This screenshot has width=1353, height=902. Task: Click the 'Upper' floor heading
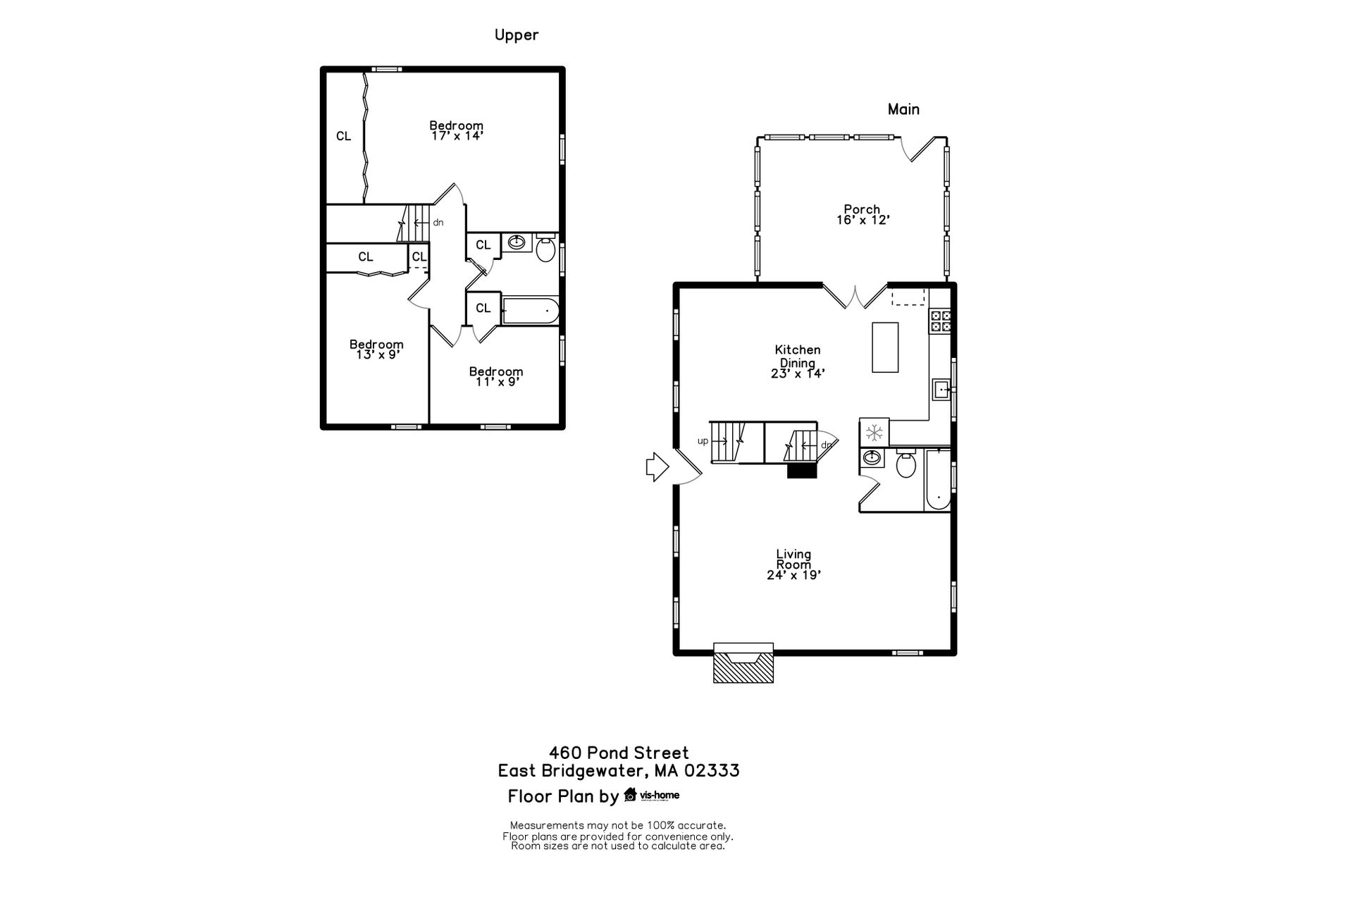[517, 35]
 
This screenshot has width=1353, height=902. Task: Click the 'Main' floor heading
[903, 109]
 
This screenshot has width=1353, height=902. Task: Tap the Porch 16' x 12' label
[863, 214]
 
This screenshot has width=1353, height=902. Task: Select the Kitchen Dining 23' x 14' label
[798, 362]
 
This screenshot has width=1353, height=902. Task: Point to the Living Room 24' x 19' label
[794, 564]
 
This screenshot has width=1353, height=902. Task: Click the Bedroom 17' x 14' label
[457, 130]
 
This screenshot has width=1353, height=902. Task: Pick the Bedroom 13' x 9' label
[376, 350]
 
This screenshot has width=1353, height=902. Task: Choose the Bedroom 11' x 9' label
[496, 376]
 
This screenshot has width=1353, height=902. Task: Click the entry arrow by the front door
[657, 467]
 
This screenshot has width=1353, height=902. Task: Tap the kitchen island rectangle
[885, 347]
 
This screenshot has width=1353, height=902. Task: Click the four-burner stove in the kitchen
[941, 321]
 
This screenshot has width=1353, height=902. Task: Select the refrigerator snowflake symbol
[874, 432]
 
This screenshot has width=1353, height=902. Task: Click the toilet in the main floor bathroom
[906, 463]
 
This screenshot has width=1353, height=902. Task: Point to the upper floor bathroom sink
[517, 243]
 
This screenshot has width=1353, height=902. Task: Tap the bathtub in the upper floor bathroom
[530, 311]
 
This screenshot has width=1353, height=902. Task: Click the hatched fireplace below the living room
[743, 663]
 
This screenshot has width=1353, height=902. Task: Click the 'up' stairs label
[703, 441]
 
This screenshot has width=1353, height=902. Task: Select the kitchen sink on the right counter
[941, 389]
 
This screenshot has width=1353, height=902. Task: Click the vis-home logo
[652, 795]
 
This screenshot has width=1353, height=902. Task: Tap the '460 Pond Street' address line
[619, 753]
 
